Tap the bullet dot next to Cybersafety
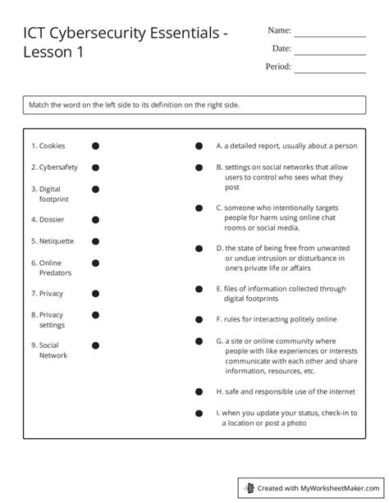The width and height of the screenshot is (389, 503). (96, 167)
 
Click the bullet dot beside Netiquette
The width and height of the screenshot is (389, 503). (96, 241)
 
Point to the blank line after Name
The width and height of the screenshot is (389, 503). (330, 36)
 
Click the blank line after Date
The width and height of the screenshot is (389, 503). (330, 54)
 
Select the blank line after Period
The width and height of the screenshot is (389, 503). (330, 72)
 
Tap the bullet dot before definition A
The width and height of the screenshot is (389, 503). (199, 146)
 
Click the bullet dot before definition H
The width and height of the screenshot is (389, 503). (199, 391)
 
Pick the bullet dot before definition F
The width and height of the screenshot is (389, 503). (199, 318)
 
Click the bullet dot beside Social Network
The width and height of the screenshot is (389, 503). (96, 345)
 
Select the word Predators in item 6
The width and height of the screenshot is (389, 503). (55, 272)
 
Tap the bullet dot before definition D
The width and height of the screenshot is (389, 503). (199, 247)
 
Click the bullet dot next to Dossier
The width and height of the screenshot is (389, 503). (96, 220)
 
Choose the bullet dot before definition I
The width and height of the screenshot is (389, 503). (199, 413)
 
